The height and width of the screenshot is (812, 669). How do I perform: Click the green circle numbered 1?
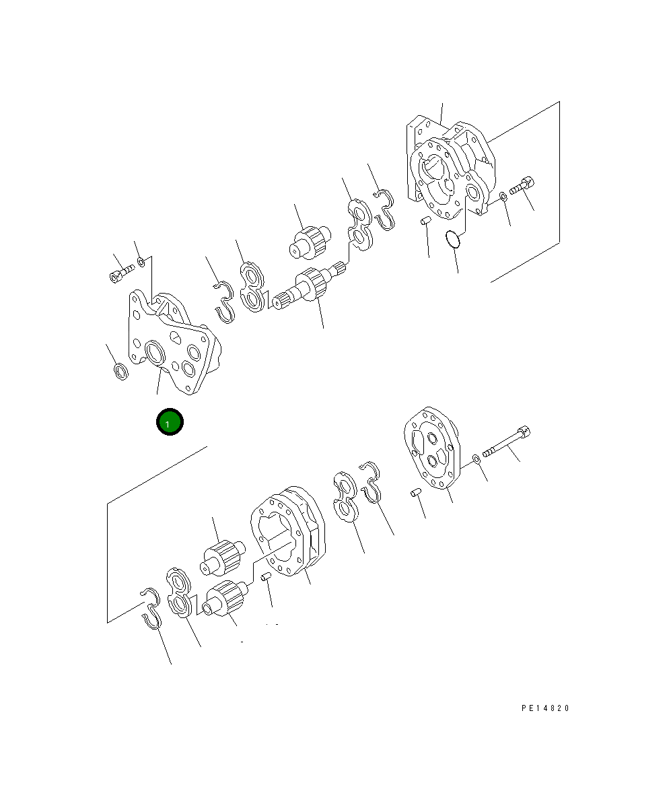tap(170, 422)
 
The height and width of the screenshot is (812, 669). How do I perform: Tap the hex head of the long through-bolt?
tap(524, 432)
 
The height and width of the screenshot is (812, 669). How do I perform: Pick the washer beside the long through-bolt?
tap(477, 459)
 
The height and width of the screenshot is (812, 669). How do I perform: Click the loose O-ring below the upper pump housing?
tap(452, 239)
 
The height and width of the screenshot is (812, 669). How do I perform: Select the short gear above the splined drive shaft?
tap(310, 242)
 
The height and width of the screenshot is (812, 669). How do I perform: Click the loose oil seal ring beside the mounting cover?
tap(120, 372)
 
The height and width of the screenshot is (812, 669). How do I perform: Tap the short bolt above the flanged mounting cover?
tap(122, 273)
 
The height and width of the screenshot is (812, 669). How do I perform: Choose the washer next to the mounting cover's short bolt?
tap(142, 262)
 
